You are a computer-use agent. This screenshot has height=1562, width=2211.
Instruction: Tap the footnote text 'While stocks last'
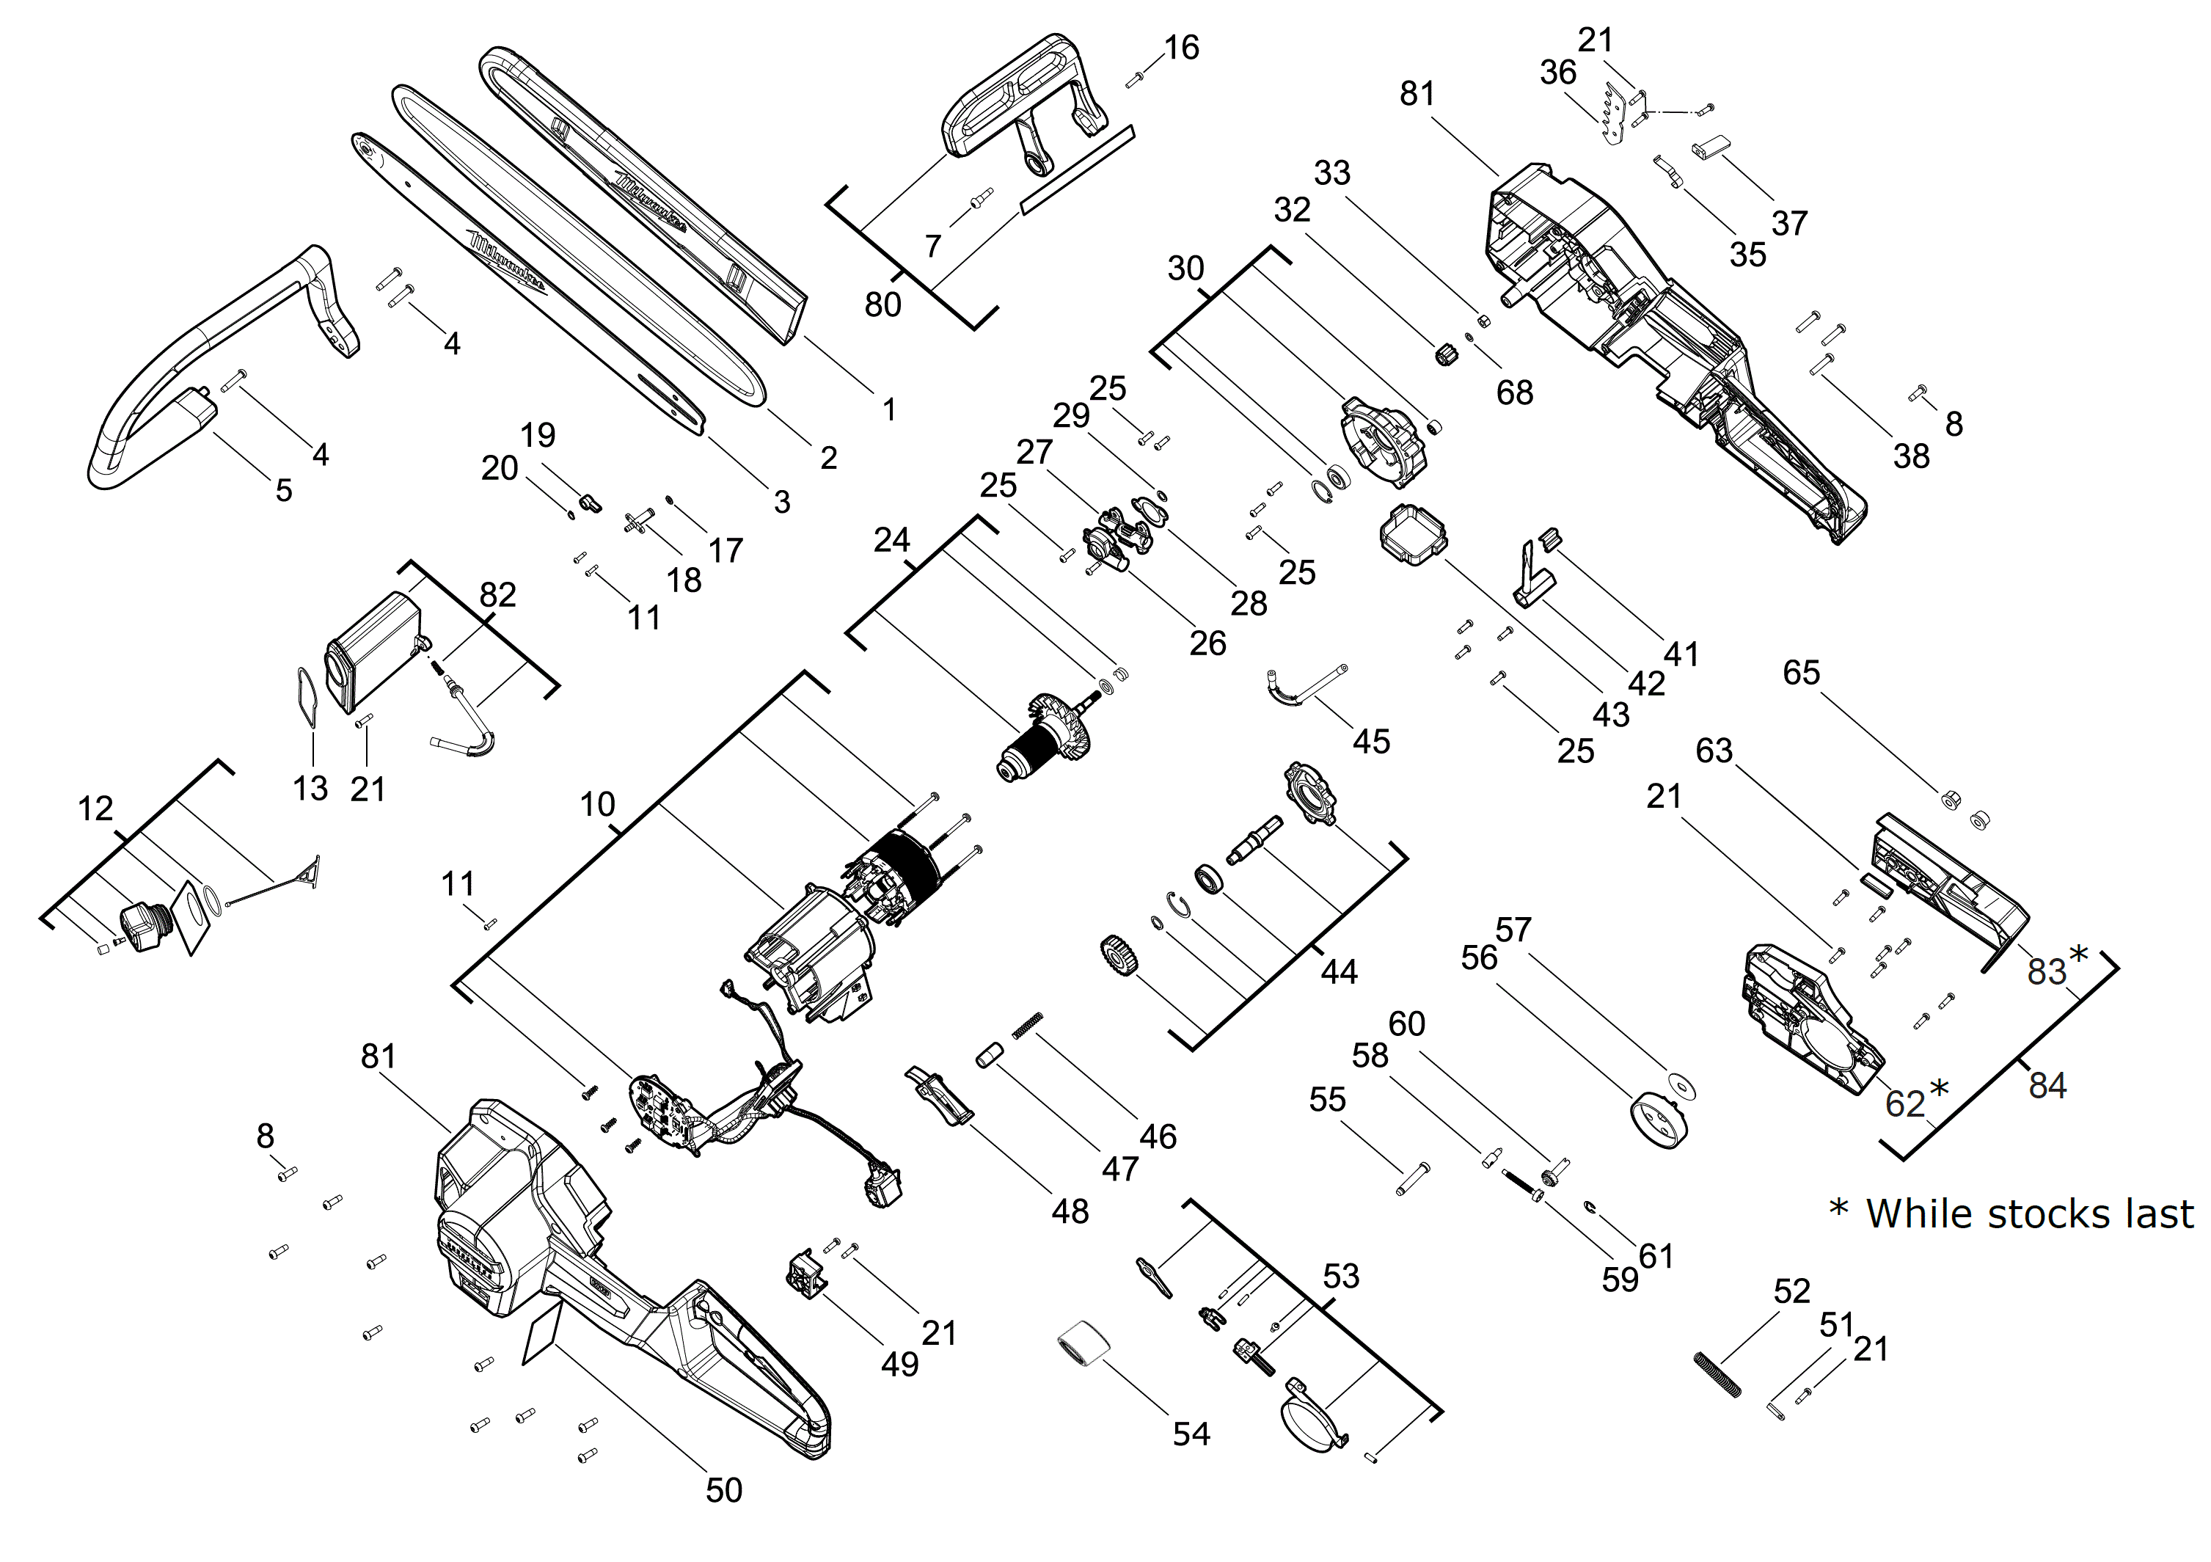(2030, 1214)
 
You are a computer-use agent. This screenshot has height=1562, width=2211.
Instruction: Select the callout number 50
(724, 1491)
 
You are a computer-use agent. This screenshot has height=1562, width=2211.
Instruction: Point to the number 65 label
(1801, 672)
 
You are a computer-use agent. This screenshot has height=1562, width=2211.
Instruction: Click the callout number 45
(1371, 742)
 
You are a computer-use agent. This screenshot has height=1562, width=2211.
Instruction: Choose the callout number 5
(284, 490)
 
